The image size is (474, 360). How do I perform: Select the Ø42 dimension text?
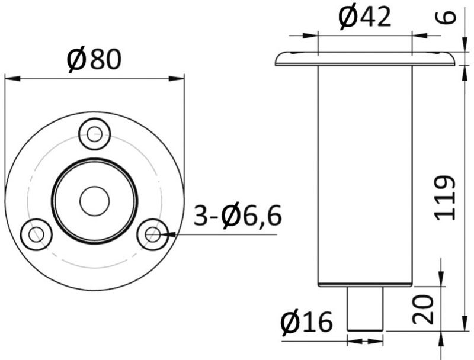pyautogui.click(x=364, y=17)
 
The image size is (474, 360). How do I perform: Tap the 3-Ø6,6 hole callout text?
pyautogui.click(x=238, y=217)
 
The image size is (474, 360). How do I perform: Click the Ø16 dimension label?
pyautogui.click(x=307, y=323)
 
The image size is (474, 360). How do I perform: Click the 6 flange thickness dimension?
pyautogui.click(x=450, y=16)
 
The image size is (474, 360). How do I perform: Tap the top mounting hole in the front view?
pyautogui.click(x=94, y=134)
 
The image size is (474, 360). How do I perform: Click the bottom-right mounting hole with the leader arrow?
pyautogui.click(x=152, y=234)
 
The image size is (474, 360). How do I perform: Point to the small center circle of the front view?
pyautogui.click(x=94, y=201)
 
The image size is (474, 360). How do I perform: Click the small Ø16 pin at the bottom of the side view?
pyautogui.click(x=364, y=308)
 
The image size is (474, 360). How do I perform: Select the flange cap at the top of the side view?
pyautogui.click(x=364, y=58)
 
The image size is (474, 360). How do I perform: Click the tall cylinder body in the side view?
pyautogui.click(x=364, y=175)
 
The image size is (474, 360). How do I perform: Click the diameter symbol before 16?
pyautogui.click(x=291, y=323)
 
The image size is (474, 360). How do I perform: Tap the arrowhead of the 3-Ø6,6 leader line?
pyautogui.click(x=166, y=235)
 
